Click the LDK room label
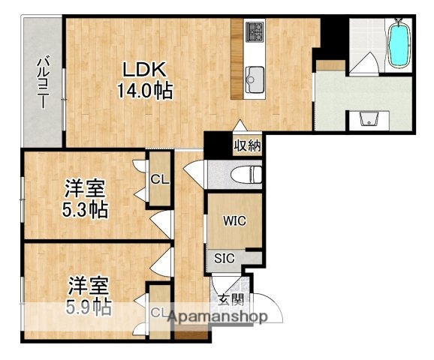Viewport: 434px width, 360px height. tap(144, 69)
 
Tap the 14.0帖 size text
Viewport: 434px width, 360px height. tap(144, 91)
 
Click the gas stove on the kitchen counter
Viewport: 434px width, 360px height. tap(255, 32)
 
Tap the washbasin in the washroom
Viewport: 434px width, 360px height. tap(368, 118)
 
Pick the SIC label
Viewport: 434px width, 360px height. tap(225, 258)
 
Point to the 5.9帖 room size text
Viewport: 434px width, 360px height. tap(88, 306)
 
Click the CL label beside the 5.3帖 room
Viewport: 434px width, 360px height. tap(159, 179)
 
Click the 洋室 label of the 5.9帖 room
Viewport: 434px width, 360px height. tap(89, 286)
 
